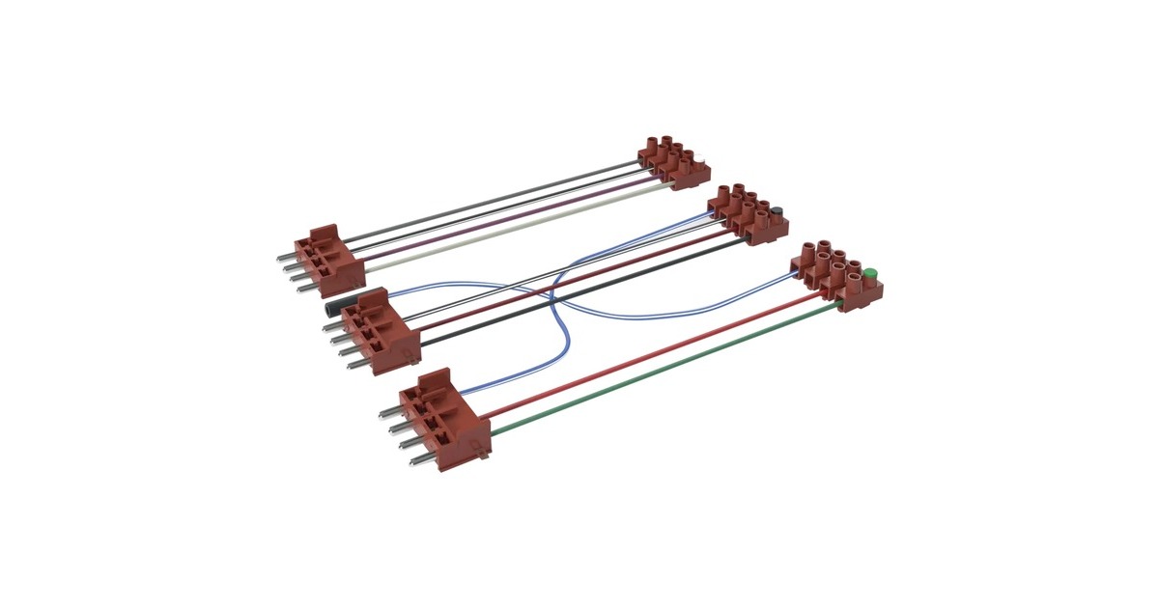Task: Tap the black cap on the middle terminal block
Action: click(776, 210)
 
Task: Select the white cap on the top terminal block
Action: click(706, 163)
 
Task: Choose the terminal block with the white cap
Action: click(672, 158)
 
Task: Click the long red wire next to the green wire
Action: click(657, 353)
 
